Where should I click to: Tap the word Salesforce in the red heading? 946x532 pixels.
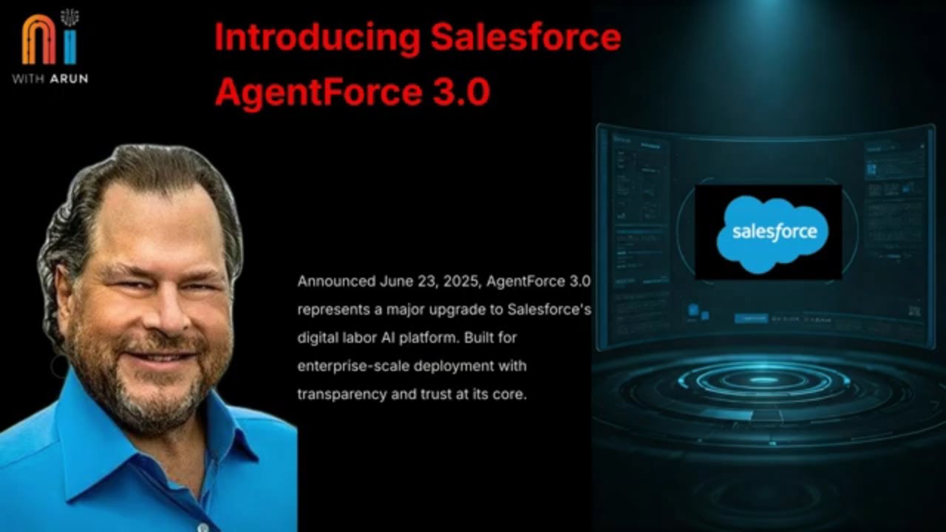point(525,37)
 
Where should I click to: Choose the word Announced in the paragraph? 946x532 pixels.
point(336,282)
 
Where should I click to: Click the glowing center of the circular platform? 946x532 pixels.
point(769,379)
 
